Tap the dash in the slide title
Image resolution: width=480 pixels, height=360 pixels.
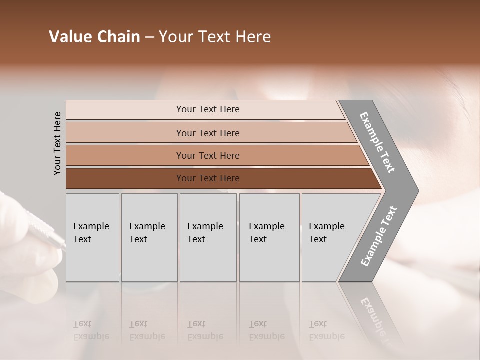149,37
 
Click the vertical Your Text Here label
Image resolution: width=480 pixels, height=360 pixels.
57,144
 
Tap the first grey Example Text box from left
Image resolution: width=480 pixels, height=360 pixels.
92,237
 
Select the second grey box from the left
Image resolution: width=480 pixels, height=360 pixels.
149,237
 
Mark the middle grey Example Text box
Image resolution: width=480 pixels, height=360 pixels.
208,237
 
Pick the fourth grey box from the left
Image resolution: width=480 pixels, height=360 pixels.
269,237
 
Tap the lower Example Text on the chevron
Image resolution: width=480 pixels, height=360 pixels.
379,236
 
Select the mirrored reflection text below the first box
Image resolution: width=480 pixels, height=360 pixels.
91,330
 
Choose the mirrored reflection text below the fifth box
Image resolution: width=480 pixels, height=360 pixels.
326,330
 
